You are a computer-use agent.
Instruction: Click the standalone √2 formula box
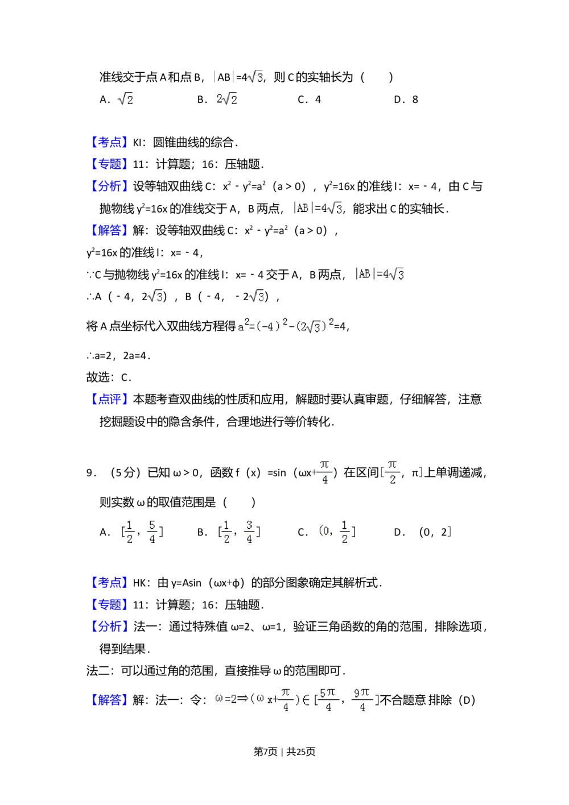click(125, 99)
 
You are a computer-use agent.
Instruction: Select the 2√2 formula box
click(225, 99)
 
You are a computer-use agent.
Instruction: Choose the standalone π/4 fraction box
click(325, 471)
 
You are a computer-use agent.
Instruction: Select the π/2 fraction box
click(392, 471)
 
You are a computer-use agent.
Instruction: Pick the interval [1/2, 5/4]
click(141, 532)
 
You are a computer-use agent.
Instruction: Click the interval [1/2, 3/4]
click(239, 532)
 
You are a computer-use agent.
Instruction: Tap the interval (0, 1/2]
click(337, 532)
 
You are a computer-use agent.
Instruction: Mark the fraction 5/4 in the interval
click(152, 532)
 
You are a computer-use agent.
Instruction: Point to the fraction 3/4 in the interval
click(249, 532)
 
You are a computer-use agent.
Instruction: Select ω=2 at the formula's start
click(225, 699)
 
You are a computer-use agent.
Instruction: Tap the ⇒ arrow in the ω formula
click(242, 699)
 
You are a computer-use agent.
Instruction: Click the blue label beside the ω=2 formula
click(109, 700)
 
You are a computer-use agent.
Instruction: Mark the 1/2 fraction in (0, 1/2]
click(344, 532)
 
